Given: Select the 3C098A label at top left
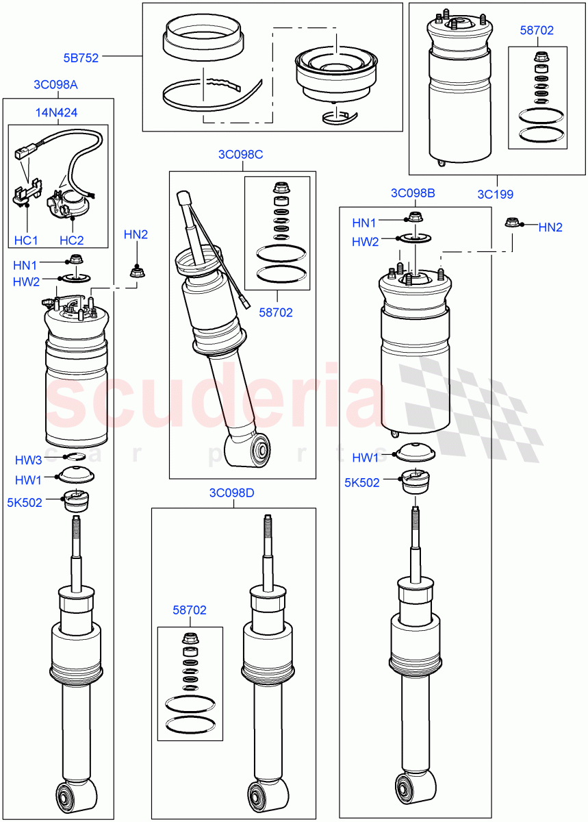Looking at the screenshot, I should pyautogui.click(x=55, y=85).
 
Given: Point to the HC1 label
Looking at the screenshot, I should pyautogui.click(x=26, y=240).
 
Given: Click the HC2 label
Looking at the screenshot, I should pyautogui.click(x=72, y=240).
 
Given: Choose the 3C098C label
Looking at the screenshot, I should pyautogui.click(x=240, y=154).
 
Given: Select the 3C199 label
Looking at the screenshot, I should pyautogui.click(x=495, y=194).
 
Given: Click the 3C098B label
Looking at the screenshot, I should pyautogui.click(x=413, y=193).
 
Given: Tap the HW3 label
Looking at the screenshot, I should pyautogui.click(x=29, y=459).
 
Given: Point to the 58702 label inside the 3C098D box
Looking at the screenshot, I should pyautogui.click(x=190, y=610).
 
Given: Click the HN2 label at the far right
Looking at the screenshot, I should pyautogui.click(x=550, y=227).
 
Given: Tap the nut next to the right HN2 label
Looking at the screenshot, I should pyautogui.click(x=511, y=222).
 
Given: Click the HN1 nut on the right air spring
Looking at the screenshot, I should pyautogui.click(x=414, y=219).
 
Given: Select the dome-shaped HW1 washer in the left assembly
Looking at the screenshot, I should pyautogui.click(x=77, y=474).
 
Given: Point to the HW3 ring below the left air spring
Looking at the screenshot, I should pyautogui.click(x=73, y=456).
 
